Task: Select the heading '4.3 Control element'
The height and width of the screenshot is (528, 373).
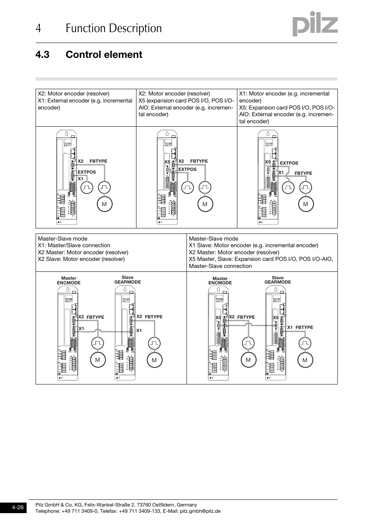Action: [x=89, y=55]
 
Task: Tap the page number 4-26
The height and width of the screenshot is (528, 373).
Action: [x=18, y=507]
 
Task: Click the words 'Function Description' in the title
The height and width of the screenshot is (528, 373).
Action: [x=113, y=29]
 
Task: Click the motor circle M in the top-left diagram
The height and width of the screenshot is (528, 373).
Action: [x=104, y=204]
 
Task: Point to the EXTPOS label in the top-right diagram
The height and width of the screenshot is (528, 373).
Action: [x=289, y=163]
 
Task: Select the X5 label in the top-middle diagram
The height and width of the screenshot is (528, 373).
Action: [x=167, y=162]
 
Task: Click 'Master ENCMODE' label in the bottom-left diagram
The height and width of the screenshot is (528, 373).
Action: [x=69, y=280]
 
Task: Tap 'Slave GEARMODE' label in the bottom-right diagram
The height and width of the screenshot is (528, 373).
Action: [x=278, y=280]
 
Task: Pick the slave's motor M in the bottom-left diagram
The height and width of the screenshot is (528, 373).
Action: [x=154, y=360]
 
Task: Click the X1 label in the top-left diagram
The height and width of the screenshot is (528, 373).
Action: [x=81, y=179]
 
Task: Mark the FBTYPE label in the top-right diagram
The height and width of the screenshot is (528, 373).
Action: [x=303, y=173]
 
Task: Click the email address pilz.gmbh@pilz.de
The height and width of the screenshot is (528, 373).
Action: [x=200, y=511]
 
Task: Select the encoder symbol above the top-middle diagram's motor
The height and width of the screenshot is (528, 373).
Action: [x=205, y=188]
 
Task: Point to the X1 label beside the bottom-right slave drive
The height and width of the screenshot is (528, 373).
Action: [x=290, y=328]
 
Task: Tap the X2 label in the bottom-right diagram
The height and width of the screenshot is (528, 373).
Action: [x=231, y=317]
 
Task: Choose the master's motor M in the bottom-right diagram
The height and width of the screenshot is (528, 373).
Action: [x=248, y=360]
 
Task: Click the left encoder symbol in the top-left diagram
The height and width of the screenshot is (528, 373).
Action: [x=87, y=188]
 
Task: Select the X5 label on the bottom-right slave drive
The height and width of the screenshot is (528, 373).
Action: [x=276, y=318]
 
